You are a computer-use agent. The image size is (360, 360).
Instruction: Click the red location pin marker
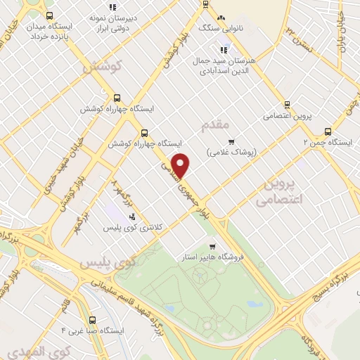181,165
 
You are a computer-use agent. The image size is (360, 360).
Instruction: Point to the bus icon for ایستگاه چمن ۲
327,131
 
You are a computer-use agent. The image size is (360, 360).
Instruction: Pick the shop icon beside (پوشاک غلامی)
231,141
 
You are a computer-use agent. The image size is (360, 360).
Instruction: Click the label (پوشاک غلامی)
232,152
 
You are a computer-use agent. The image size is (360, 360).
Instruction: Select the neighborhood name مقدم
215,125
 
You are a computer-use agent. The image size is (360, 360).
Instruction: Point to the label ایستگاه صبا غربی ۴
92,330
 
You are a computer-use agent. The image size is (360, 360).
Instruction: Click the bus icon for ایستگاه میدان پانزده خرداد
48,15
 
